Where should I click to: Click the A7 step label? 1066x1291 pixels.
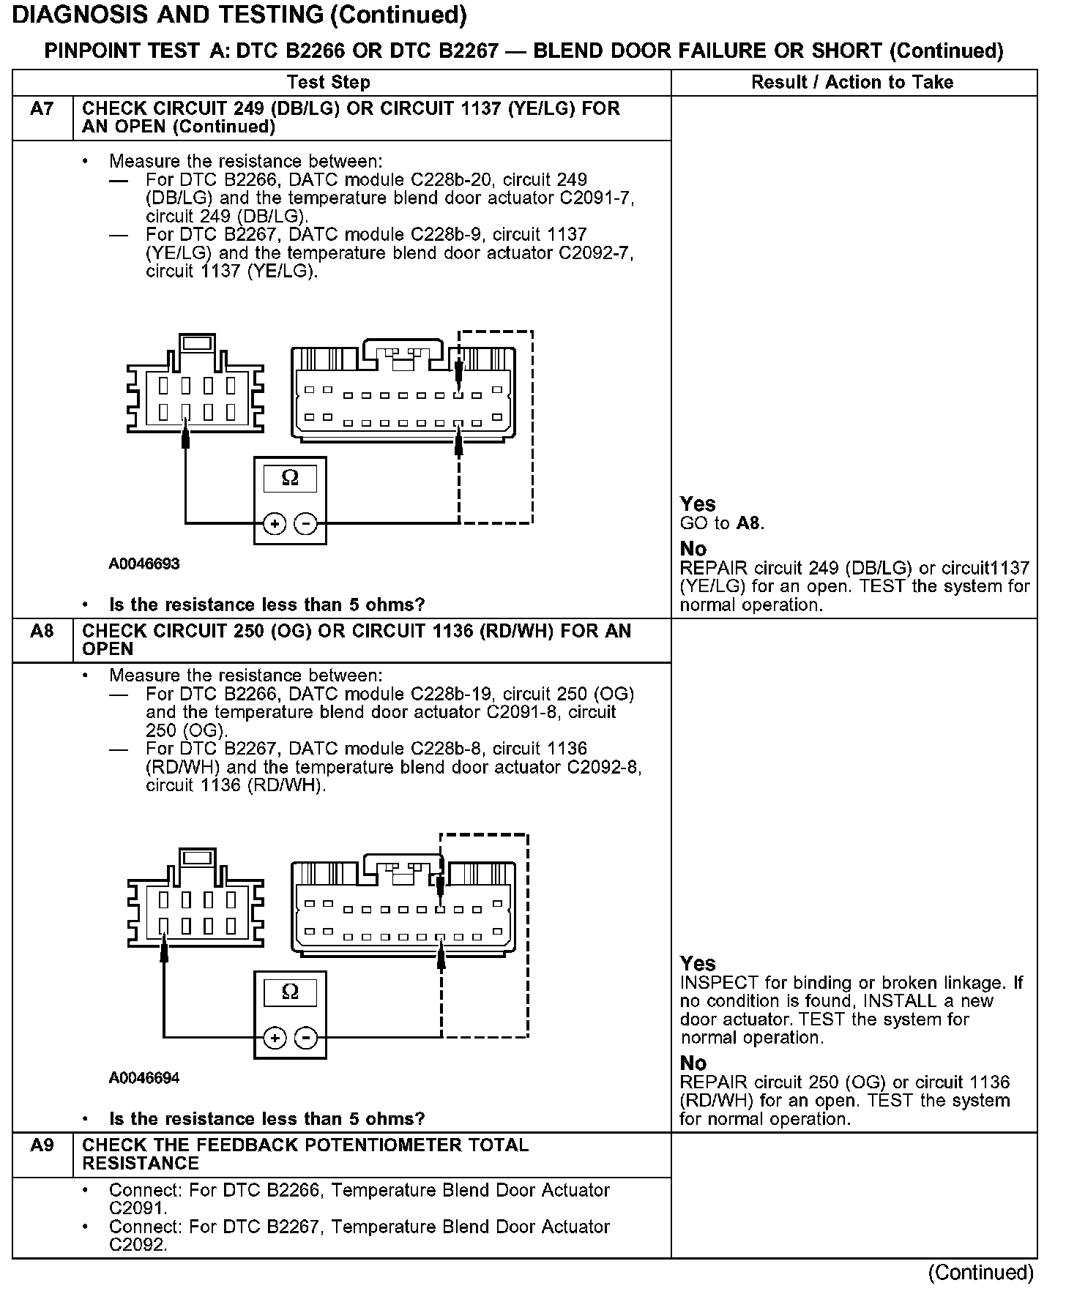coord(42,110)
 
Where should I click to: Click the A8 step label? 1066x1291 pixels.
coord(42,632)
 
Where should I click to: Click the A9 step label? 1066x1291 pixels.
coord(42,1145)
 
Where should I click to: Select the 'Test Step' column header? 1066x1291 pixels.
coord(329,82)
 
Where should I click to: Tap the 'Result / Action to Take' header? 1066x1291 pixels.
coord(852,82)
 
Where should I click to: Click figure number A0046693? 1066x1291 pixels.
coord(144,564)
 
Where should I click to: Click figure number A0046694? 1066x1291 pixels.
coord(144,1078)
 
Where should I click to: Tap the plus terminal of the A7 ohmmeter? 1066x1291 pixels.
coord(275,524)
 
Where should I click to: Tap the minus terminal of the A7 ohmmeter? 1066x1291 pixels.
coord(305,524)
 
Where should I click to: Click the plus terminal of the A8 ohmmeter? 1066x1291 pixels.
coord(275,1038)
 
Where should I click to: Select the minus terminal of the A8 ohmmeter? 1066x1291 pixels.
coord(305,1038)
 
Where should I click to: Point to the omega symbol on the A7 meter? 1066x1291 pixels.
coord(290,479)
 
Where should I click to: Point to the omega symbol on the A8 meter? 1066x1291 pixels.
coord(290,992)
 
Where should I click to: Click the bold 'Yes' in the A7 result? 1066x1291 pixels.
coord(698,504)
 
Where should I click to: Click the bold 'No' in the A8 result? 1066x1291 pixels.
coord(693,1063)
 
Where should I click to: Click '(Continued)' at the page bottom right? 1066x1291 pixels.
coord(981,1273)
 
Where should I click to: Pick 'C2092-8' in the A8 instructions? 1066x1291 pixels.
coord(604,768)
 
